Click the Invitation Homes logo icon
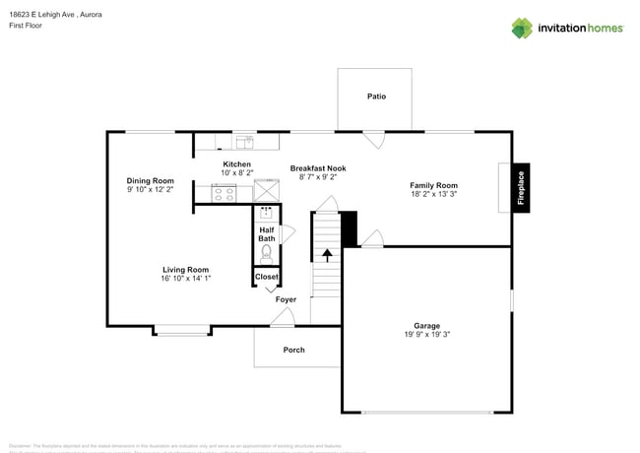pyautogui.click(x=522, y=28)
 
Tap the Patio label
pyautogui.click(x=376, y=97)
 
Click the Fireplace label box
pyautogui.click(x=521, y=187)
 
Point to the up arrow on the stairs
pyautogui.click(x=327, y=255)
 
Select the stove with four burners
pyautogui.click(x=224, y=193)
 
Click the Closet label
pyautogui.click(x=267, y=277)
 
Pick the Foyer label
pyautogui.click(x=286, y=299)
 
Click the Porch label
pyautogui.click(x=293, y=350)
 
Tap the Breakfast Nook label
pyautogui.click(x=318, y=168)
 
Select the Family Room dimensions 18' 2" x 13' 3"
pyautogui.click(x=433, y=195)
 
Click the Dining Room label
pyautogui.click(x=150, y=180)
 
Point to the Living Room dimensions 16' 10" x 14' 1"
pyautogui.click(x=185, y=279)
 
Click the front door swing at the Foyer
pyautogui.click(x=283, y=317)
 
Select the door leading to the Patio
pyautogui.click(x=373, y=139)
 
